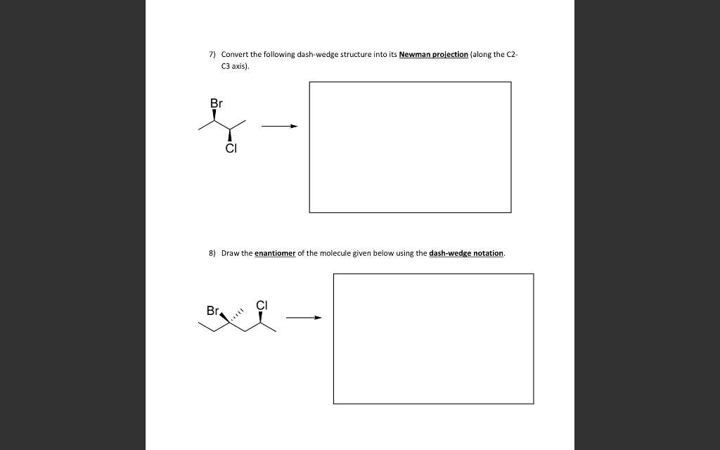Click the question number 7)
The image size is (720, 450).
coord(212,54)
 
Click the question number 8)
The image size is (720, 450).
coord(212,253)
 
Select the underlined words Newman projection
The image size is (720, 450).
coord(433,54)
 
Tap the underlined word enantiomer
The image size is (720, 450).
coord(274,253)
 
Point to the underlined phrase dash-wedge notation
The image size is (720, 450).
coord(466,253)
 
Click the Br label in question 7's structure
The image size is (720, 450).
coord(216,103)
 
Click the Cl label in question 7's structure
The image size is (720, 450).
coord(231,148)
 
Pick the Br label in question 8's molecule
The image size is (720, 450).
coord(212,310)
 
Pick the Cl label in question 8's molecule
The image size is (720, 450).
coord(262,305)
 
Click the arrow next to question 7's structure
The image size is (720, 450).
coord(279,127)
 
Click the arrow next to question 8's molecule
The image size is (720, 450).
coord(303,318)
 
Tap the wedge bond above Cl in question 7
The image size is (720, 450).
coord(231,136)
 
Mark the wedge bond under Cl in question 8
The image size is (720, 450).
coord(262,317)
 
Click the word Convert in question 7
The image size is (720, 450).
coord(235,54)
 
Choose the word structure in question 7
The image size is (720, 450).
coord(356,54)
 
